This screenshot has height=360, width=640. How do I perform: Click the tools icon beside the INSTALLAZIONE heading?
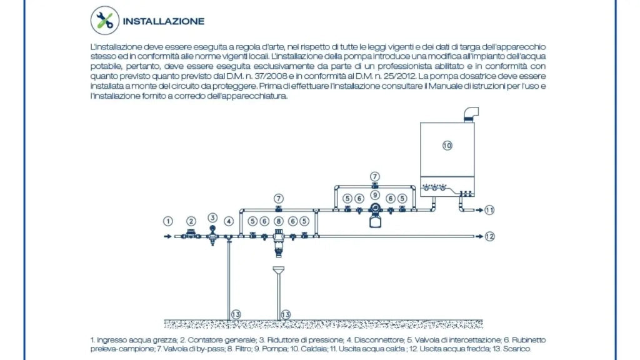(x=105, y=21)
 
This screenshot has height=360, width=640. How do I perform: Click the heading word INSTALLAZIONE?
(x=164, y=21)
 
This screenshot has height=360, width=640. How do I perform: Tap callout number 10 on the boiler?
(x=447, y=145)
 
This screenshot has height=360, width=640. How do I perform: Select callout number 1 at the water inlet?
(x=167, y=221)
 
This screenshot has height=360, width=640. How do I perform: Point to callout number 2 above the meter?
(x=191, y=221)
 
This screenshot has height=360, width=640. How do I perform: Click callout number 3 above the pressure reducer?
(x=212, y=217)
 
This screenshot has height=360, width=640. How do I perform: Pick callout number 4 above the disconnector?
(x=229, y=221)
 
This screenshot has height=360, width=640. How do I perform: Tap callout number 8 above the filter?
(x=278, y=221)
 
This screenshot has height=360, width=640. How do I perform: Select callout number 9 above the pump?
(x=375, y=195)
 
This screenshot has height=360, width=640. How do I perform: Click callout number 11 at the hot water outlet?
(x=489, y=210)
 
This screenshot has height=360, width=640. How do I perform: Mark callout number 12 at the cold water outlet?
(x=490, y=236)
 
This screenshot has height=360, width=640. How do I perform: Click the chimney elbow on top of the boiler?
(x=471, y=114)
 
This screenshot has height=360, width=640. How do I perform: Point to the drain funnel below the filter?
(x=278, y=270)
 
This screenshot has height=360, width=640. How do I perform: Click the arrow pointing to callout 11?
(x=479, y=210)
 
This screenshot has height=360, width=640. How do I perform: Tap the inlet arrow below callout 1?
(x=167, y=236)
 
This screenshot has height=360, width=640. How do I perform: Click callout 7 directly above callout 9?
(x=375, y=176)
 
